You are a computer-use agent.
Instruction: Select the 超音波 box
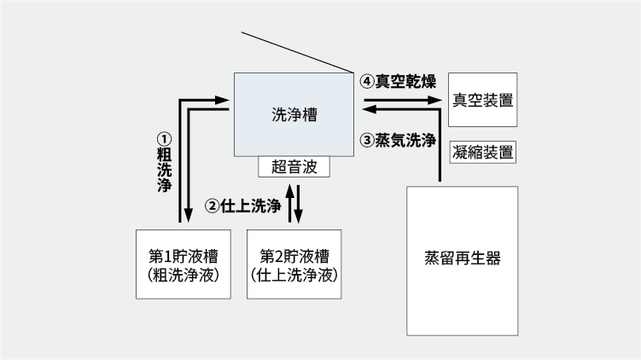tap(294, 167)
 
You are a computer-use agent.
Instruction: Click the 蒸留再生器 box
tap(462, 259)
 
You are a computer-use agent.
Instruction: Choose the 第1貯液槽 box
tap(184, 264)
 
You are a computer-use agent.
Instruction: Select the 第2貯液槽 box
tap(294, 264)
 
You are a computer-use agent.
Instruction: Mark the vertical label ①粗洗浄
tap(164, 162)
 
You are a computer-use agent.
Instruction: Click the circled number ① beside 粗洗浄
tap(164, 136)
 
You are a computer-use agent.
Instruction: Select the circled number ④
tap(367, 82)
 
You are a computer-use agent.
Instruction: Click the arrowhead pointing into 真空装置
tap(437, 100)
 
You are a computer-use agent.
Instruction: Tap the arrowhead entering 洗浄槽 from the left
tap(227, 100)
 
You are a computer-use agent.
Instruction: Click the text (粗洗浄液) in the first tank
tap(184, 276)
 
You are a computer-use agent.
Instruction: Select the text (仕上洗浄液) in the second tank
tap(294, 276)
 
